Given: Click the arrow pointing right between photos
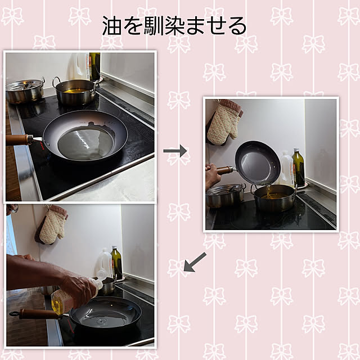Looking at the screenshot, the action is coord(175,151).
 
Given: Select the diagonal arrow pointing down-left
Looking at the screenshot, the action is coord(195,262).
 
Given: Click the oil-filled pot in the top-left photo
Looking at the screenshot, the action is coord(76,92).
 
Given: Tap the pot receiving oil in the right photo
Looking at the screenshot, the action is coord(274,197).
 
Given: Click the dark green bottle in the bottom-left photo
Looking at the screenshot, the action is coord(117,263).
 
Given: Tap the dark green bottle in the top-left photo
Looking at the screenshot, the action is coord(94,66).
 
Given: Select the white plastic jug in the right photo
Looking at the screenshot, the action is coord(286,169).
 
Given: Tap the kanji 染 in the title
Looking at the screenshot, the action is coord(174,25).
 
